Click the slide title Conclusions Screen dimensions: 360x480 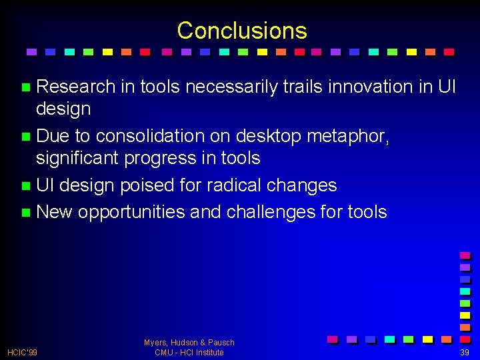click(x=242, y=31)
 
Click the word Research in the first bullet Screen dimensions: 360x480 click(x=76, y=87)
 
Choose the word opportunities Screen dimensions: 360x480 click(x=131, y=212)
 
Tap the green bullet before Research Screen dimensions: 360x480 click(x=26, y=87)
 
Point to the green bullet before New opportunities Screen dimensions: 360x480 click(x=26, y=213)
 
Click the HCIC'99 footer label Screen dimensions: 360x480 click(x=22, y=352)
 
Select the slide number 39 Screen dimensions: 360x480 click(x=464, y=352)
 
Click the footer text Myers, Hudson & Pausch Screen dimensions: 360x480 click(x=189, y=343)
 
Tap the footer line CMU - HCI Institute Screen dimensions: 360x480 click(x=189, y=353)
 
